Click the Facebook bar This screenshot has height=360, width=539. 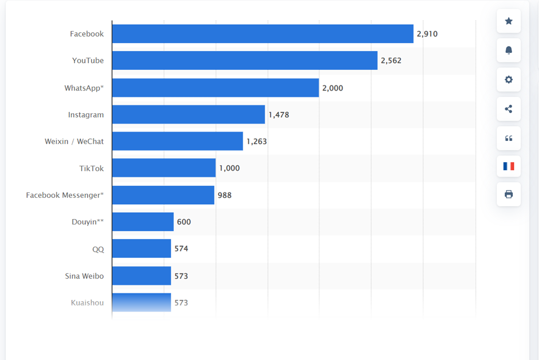click(x=263, y=34)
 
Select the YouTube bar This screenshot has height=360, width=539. click(x=245, y=60)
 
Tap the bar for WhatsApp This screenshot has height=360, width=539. click(x=216, y=88)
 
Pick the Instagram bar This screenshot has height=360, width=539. click(x=188, y=114)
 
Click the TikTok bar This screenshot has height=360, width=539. click(x=164, y=168)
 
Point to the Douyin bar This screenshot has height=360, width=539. click(x=143, y=222)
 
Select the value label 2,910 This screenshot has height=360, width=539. click(x=427, y=34)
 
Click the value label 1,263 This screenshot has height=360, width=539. click(x=257, y=141)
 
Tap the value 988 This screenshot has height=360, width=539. click(x=225, y=195)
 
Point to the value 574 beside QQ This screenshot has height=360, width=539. click(x=181, y=249)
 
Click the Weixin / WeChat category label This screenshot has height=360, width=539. click(x=74, y=141)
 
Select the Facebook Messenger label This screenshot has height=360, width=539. click(x=65, y=195)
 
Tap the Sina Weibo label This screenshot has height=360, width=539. click(x=84, y=276)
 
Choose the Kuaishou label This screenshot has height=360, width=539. click(x=87, y=302)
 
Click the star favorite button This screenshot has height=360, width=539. click(x=508, y=21)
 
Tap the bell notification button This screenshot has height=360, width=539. click(x=508, y=50)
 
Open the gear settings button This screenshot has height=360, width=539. click(x=508, y=80)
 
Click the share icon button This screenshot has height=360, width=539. click(x=508, y=109)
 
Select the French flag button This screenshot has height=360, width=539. click(x=508, y=166)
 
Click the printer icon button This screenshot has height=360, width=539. click(x=508, y=194)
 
